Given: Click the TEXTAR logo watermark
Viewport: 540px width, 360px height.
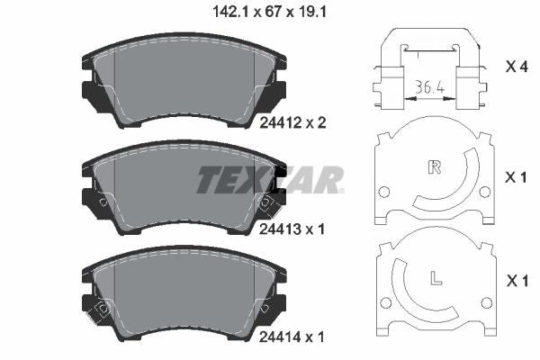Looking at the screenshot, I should point(270,179).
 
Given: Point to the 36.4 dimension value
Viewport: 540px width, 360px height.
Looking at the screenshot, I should point(430,87).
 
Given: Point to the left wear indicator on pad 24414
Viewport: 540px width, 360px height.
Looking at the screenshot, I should point(103,309).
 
